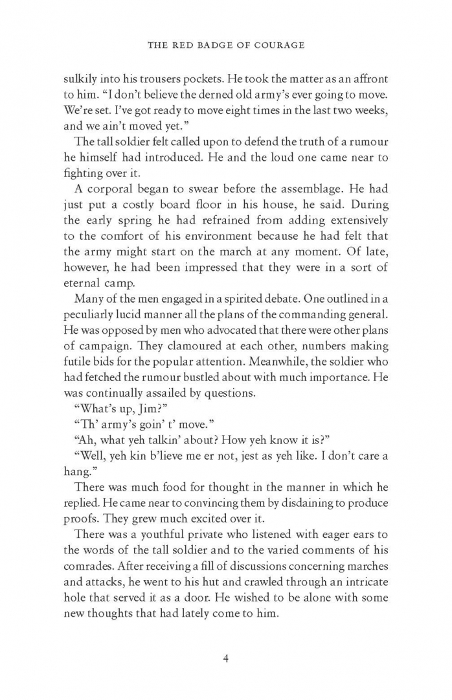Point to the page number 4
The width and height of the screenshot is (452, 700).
[x=225, y=659]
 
